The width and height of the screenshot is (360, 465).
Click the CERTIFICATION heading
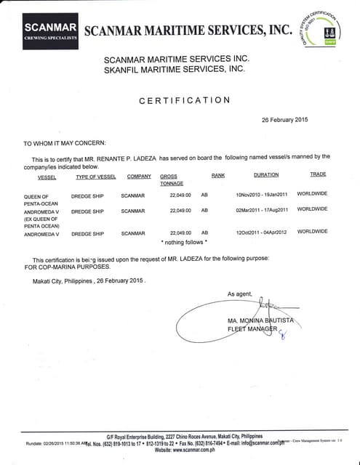185,100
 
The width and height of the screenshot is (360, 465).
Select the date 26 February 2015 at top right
284,120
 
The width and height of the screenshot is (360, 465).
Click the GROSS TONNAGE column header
172,179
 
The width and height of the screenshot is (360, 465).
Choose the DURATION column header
265,175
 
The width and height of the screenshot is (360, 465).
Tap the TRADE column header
318,174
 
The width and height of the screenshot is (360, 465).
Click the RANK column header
218,176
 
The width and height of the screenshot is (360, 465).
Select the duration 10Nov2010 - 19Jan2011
262,195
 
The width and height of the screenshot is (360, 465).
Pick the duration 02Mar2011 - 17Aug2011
262,211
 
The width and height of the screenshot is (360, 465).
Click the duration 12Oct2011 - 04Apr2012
262,232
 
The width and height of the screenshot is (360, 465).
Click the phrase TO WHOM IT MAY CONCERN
65,143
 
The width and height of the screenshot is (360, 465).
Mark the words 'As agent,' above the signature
239,294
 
